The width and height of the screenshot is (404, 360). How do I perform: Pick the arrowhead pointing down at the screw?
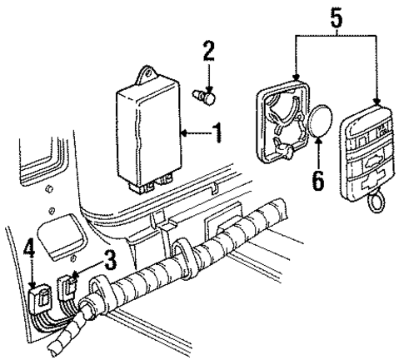[208, 85]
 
